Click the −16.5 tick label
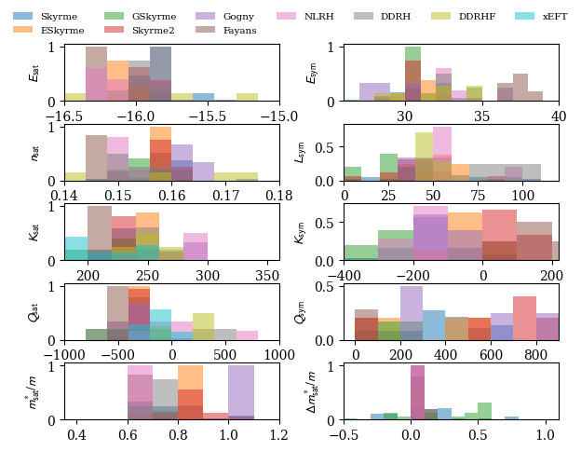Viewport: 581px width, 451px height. tap(65, 116)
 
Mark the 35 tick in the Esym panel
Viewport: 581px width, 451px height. tap(481, 116)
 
